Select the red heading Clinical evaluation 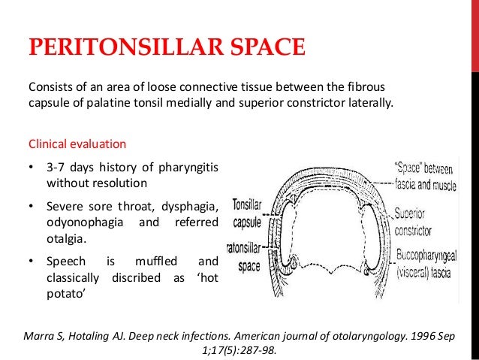coord(77,143)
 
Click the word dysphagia coord(190,207)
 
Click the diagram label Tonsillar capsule coord(247,210)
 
